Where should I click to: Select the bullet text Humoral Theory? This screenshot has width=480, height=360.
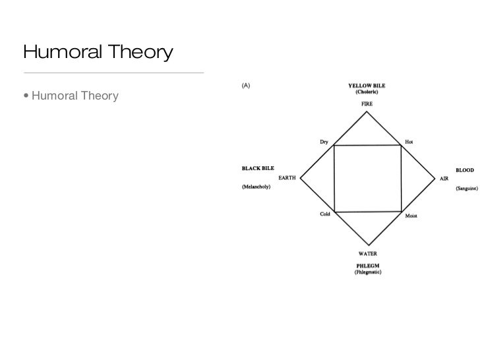[75, 97]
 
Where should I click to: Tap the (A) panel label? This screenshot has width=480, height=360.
[246, 85]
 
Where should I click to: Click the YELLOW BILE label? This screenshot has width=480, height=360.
[367, 85]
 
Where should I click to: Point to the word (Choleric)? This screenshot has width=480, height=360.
[367, 92]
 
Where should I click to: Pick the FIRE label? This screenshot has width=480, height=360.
[367, 104]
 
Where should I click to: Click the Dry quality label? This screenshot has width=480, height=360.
[324, 142]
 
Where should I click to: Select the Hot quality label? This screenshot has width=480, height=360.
[409, 142]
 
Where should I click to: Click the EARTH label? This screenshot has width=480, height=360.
[287, 177]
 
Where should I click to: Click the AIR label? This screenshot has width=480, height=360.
[444, 178]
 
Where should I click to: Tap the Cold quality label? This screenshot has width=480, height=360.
[325, 214]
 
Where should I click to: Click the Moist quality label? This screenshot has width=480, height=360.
[411, 216]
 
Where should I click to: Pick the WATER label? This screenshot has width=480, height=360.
[367, 253]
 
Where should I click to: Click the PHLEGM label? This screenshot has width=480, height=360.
[367, 266]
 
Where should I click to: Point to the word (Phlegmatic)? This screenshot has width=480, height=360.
[367, 272]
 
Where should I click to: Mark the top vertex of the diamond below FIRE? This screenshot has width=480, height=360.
[367, 112]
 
